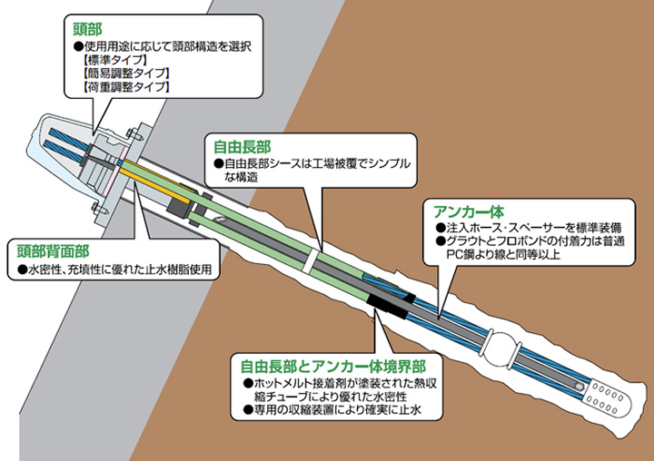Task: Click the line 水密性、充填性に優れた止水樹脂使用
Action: (x=115, y=270)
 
